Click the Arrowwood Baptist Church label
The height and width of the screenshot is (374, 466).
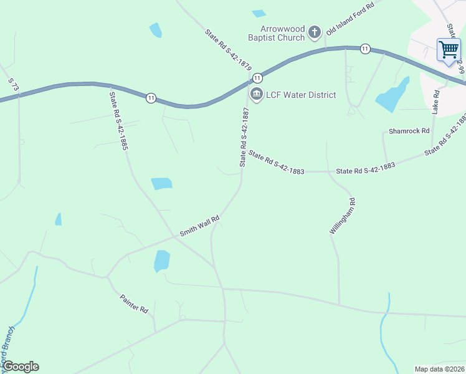(276, 32)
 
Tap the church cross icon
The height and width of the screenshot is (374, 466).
(315, 32)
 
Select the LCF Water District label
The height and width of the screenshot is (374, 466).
(301, 95)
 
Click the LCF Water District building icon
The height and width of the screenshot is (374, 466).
(256, 94)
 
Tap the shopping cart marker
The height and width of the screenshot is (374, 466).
(449, 49)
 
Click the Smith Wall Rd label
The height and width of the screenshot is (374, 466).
(200, 226)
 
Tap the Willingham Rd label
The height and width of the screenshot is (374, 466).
(342, 216)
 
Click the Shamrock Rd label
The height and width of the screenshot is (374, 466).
(409, 131)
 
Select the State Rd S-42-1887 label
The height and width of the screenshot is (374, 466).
(245, 136)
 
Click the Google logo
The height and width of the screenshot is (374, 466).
(21, 367)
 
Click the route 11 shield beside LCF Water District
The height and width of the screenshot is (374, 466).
(257, 77)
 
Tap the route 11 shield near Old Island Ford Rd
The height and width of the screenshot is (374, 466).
(365, 49)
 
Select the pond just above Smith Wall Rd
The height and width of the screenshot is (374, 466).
(161, 183)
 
